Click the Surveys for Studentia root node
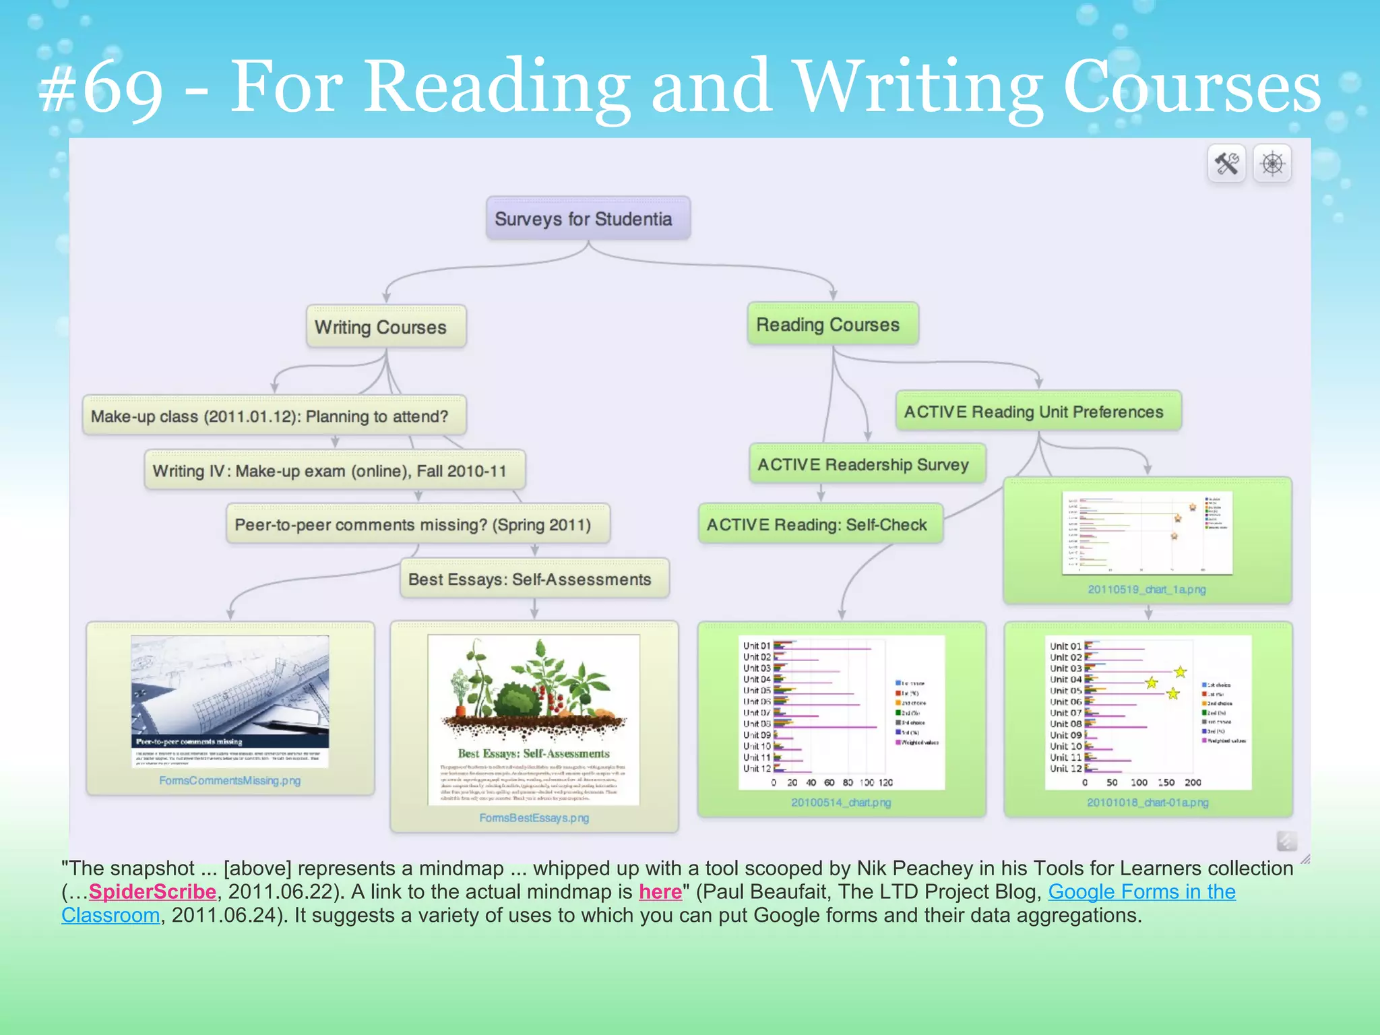pyautogui.click(x=587, y=219)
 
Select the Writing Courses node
pyautogui.click(x=385, y=327)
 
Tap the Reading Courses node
pyautogui.click(x=832, y=325)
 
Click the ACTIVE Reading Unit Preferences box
pyautogui.click(x=1038, y=412)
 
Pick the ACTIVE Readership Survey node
pyautogui.click(x=867, y=464)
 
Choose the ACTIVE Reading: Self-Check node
pyautogui.click(x=819, y=525)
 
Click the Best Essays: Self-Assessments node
pyautogui.click(x=534, y=579)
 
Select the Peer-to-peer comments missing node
pyautogui.click(x=417, y=525)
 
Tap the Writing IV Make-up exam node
pyautogui.click(x=334, y=471)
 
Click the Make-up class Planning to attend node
pyautogui.click(x=273, y=416)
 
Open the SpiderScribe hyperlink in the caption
pyautogui.click(x=152, y=892)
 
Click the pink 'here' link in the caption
pyautogui.click(x=660, y=892)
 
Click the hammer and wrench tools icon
pyautogui.click(x=1226, y=164)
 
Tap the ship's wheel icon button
pyautogui.click(x=1272, y=164)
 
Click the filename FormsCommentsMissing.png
pyautogui.click(x=230, y=781)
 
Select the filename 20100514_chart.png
pyautogui.click(x=841, y=803)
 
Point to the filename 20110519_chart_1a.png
pyautogui.click(x=1146, y=590)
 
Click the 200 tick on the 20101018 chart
pyautogui.click(x=1193, y=783)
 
